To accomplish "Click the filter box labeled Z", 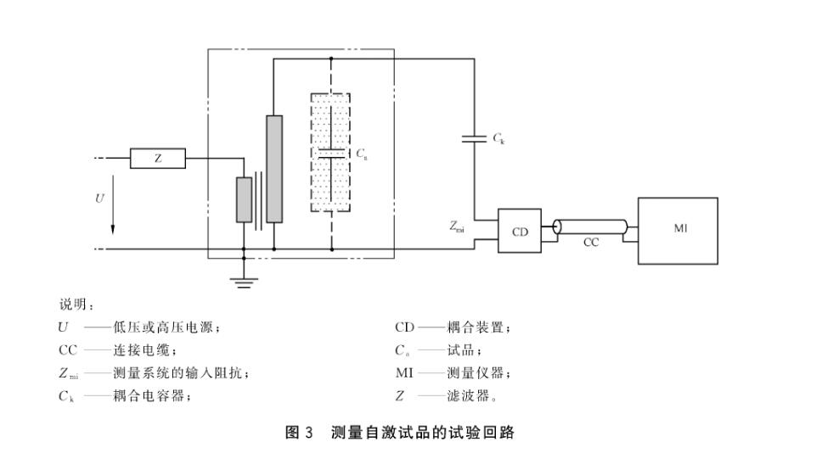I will click(x=157, y=158).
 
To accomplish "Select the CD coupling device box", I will click(x=519, y=231).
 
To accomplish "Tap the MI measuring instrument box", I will click(x=678, y=230).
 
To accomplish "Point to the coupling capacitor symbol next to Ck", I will click(x=474, y=137).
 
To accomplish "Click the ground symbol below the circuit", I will click(x=244, y=281).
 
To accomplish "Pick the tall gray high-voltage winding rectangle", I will click(x=273, y=169).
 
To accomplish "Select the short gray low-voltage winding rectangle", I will click(x=244, y=200).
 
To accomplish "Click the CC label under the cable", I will click(x=591, y=243).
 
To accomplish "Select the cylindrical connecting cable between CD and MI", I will click(x=591, y=226).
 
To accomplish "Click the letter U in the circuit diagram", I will click(x=99, y=198).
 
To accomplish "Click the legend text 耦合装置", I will click(x=478, y=327).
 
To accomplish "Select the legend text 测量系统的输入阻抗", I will click(x=180, y=373).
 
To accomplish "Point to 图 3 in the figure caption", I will click(x=299, y=433).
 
